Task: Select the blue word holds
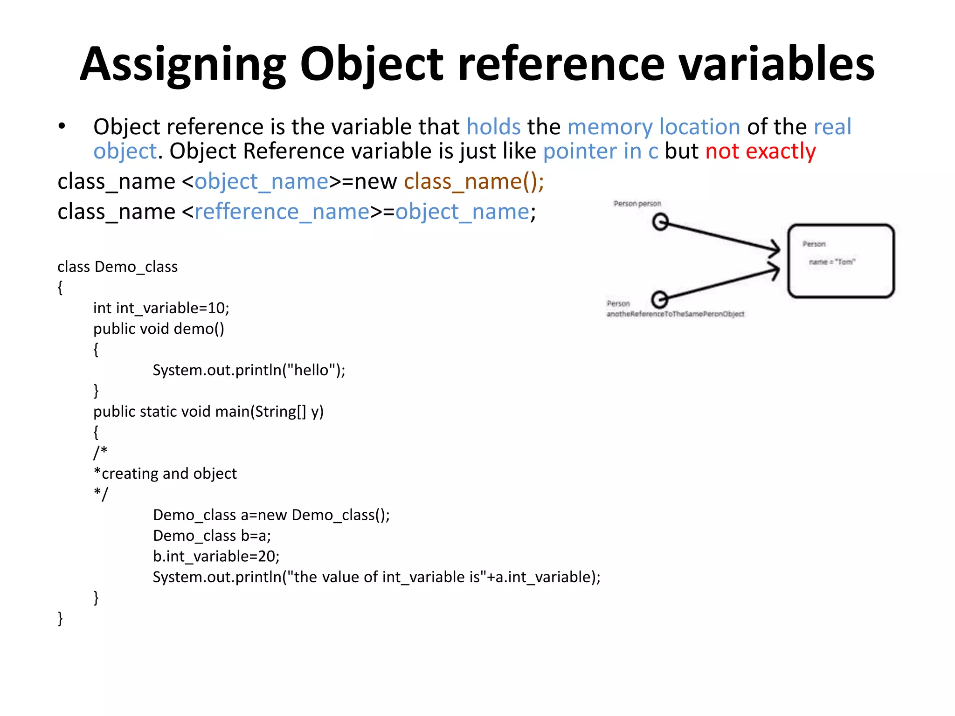[493, 127]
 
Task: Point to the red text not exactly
[761, 151]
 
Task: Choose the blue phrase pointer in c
[601, 151]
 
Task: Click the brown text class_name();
[474, 181]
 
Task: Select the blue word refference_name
[282, 212]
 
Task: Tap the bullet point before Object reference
[62, 126]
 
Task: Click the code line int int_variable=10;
[161, 308]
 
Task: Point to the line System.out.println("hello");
[249, 370]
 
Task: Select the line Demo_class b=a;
[212, 536]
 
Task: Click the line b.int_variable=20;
[216, 556]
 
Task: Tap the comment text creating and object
[169, 474]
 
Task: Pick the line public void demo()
[159, 329]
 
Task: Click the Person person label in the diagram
[637, 204]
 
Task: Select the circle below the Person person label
[660, 222]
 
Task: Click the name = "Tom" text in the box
[832, 262]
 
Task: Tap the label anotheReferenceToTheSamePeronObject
[675, 314]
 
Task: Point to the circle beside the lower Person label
[659, 299]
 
